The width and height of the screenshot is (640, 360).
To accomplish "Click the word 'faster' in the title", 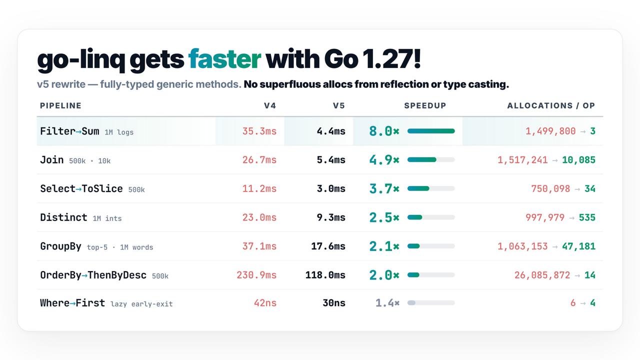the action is tap(224, 59).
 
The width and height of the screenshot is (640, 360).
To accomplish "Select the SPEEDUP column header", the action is tap(425, 105).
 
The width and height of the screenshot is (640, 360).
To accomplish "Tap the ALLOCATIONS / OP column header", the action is tap(551, 105).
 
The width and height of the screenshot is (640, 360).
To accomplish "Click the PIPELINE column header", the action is tap(60, 105).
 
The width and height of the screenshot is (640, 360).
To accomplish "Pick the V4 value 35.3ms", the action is tap(259, 131).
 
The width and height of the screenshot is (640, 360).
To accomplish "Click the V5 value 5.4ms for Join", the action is tap(331, 159).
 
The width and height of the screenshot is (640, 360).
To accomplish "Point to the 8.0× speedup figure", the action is tap(384, 131).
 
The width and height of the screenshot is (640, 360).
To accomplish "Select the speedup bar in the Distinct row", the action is tap(431, 217).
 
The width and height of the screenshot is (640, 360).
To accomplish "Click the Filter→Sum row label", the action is tap(69, 131).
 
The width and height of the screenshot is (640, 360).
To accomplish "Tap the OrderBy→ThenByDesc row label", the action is tap(93, 275).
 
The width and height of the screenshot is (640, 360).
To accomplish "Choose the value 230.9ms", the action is tap(256, 275).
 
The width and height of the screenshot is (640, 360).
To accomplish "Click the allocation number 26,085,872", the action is tap(542, 275).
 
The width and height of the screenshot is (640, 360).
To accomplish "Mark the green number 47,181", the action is tap(578, 246).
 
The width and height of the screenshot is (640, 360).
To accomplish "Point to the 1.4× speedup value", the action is tap(387, 303).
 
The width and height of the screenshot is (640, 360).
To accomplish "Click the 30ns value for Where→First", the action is tap(334, 303).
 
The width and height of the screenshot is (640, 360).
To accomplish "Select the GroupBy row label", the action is tap(60, 246).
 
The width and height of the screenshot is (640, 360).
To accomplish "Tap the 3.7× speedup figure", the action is tap(384, 188).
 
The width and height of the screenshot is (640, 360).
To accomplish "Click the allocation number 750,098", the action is tap(550, 189).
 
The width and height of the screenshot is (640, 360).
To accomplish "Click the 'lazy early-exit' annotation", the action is tap(141, 304).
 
